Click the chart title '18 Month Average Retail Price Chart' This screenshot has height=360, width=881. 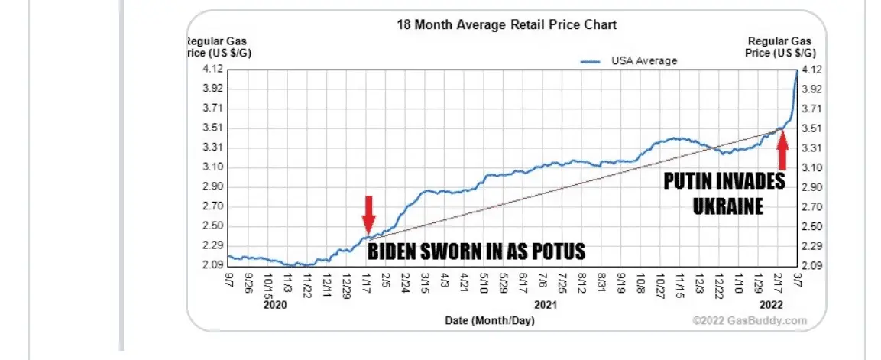click(x=506, y=24)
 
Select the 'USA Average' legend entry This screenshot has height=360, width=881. click(x=643, y=60)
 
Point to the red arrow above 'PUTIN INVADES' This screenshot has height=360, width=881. click(x=782, y=150)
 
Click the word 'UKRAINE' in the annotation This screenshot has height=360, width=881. click(x=728, y=206)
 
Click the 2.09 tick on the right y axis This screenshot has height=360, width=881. click(x=811, y=266)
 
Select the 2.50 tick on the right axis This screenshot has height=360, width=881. click(x=811, y=226)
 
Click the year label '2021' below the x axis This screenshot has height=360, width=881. click(x=544, y=304)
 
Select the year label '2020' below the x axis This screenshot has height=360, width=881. click(x=274, y=304)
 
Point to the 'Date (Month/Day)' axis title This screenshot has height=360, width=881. click(x=490, y=321)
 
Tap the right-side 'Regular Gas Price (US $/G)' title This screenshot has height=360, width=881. click(x=781, y=47)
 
